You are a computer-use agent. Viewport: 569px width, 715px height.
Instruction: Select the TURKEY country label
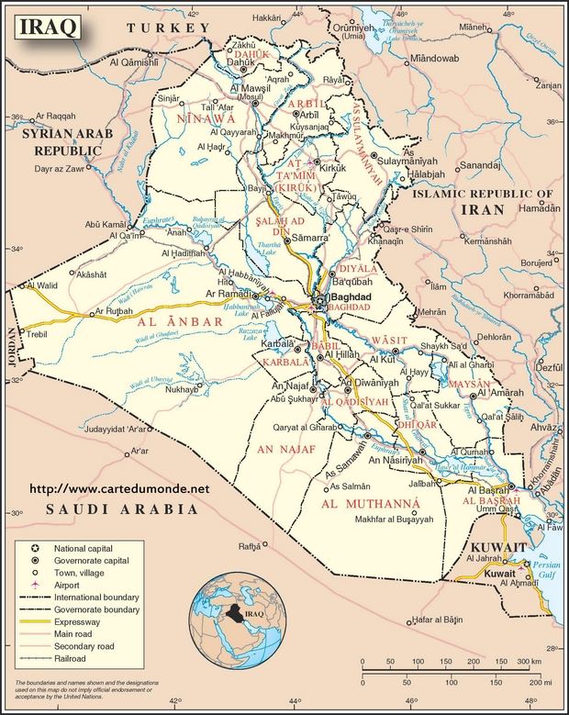[x=169, y=29]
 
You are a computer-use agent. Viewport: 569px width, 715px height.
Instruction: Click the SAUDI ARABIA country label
[x=123, y=508]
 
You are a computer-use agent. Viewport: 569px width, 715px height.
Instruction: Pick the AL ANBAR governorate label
[x=181, y=322]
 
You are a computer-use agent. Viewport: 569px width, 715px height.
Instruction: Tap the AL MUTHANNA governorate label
[x=371, y=504]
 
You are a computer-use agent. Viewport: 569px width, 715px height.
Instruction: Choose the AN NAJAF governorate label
[x=285, y=449]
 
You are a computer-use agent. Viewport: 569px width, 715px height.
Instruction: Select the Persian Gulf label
[x=547, y=570]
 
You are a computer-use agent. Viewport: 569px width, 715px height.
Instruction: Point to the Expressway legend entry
[x=101, y=621]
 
